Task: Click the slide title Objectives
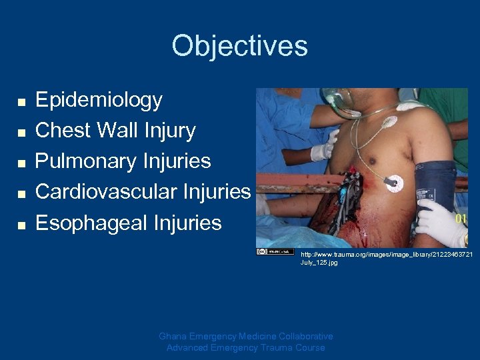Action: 239,46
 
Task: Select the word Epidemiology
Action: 99,100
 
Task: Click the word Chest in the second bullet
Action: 65,131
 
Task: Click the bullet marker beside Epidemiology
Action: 21,102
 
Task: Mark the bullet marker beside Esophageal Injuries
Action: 21,225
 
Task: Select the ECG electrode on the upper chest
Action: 389,123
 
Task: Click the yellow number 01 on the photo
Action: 461,218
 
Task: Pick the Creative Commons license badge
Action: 275,251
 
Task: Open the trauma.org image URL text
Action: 386,259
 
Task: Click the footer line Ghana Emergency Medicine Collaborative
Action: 245,336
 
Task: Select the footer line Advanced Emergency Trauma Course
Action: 245,347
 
